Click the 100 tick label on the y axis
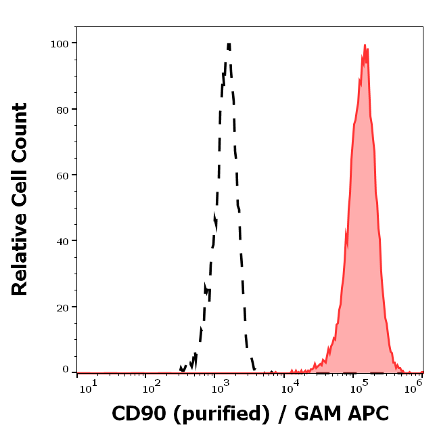[60, 43]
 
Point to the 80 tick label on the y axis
[62, 109]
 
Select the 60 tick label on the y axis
[62, 175]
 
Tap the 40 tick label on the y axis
[62, 240]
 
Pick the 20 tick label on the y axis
[62, 307]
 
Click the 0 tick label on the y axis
[65, 370]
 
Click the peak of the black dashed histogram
[229, 45]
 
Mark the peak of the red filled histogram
[365, 46]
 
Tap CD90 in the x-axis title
[133, 414]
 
